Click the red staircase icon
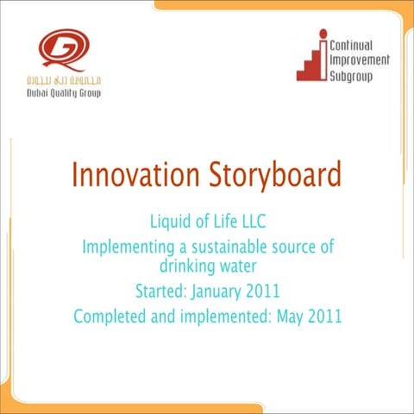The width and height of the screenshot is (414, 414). coord(313,61)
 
